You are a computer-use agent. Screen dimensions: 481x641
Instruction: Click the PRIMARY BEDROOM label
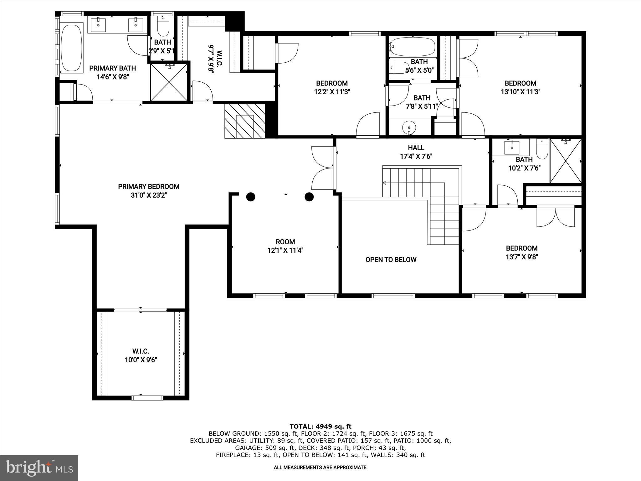point(149,187)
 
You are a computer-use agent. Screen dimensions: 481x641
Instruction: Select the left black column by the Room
point(251,197)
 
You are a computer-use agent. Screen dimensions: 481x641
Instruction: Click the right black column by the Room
point(309,197)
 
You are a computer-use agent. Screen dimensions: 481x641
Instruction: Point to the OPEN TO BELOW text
point(391,260)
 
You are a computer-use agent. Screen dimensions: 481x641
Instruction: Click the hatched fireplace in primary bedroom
point(245,121)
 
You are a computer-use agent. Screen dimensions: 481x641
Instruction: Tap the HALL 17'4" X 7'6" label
point(416,152)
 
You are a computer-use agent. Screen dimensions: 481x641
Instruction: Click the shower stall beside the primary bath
point(169,82)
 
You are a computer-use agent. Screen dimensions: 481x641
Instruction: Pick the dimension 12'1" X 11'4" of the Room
point(285,251)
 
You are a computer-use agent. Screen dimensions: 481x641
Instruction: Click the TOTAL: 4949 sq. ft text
point(320,426)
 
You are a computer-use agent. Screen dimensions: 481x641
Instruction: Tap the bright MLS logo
point(39,468)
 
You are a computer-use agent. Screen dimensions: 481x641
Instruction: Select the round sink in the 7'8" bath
point(409,127)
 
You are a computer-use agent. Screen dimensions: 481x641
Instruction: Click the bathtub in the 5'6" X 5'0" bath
point(413,47)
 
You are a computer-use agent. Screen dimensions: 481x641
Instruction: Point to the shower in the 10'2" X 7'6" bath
point(566,161)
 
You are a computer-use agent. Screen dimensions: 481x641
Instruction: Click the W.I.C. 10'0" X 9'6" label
point(141,356)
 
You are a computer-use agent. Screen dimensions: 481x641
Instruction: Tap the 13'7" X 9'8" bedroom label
point(521,253)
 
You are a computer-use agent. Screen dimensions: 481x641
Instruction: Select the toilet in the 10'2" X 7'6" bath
point(542,150)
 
